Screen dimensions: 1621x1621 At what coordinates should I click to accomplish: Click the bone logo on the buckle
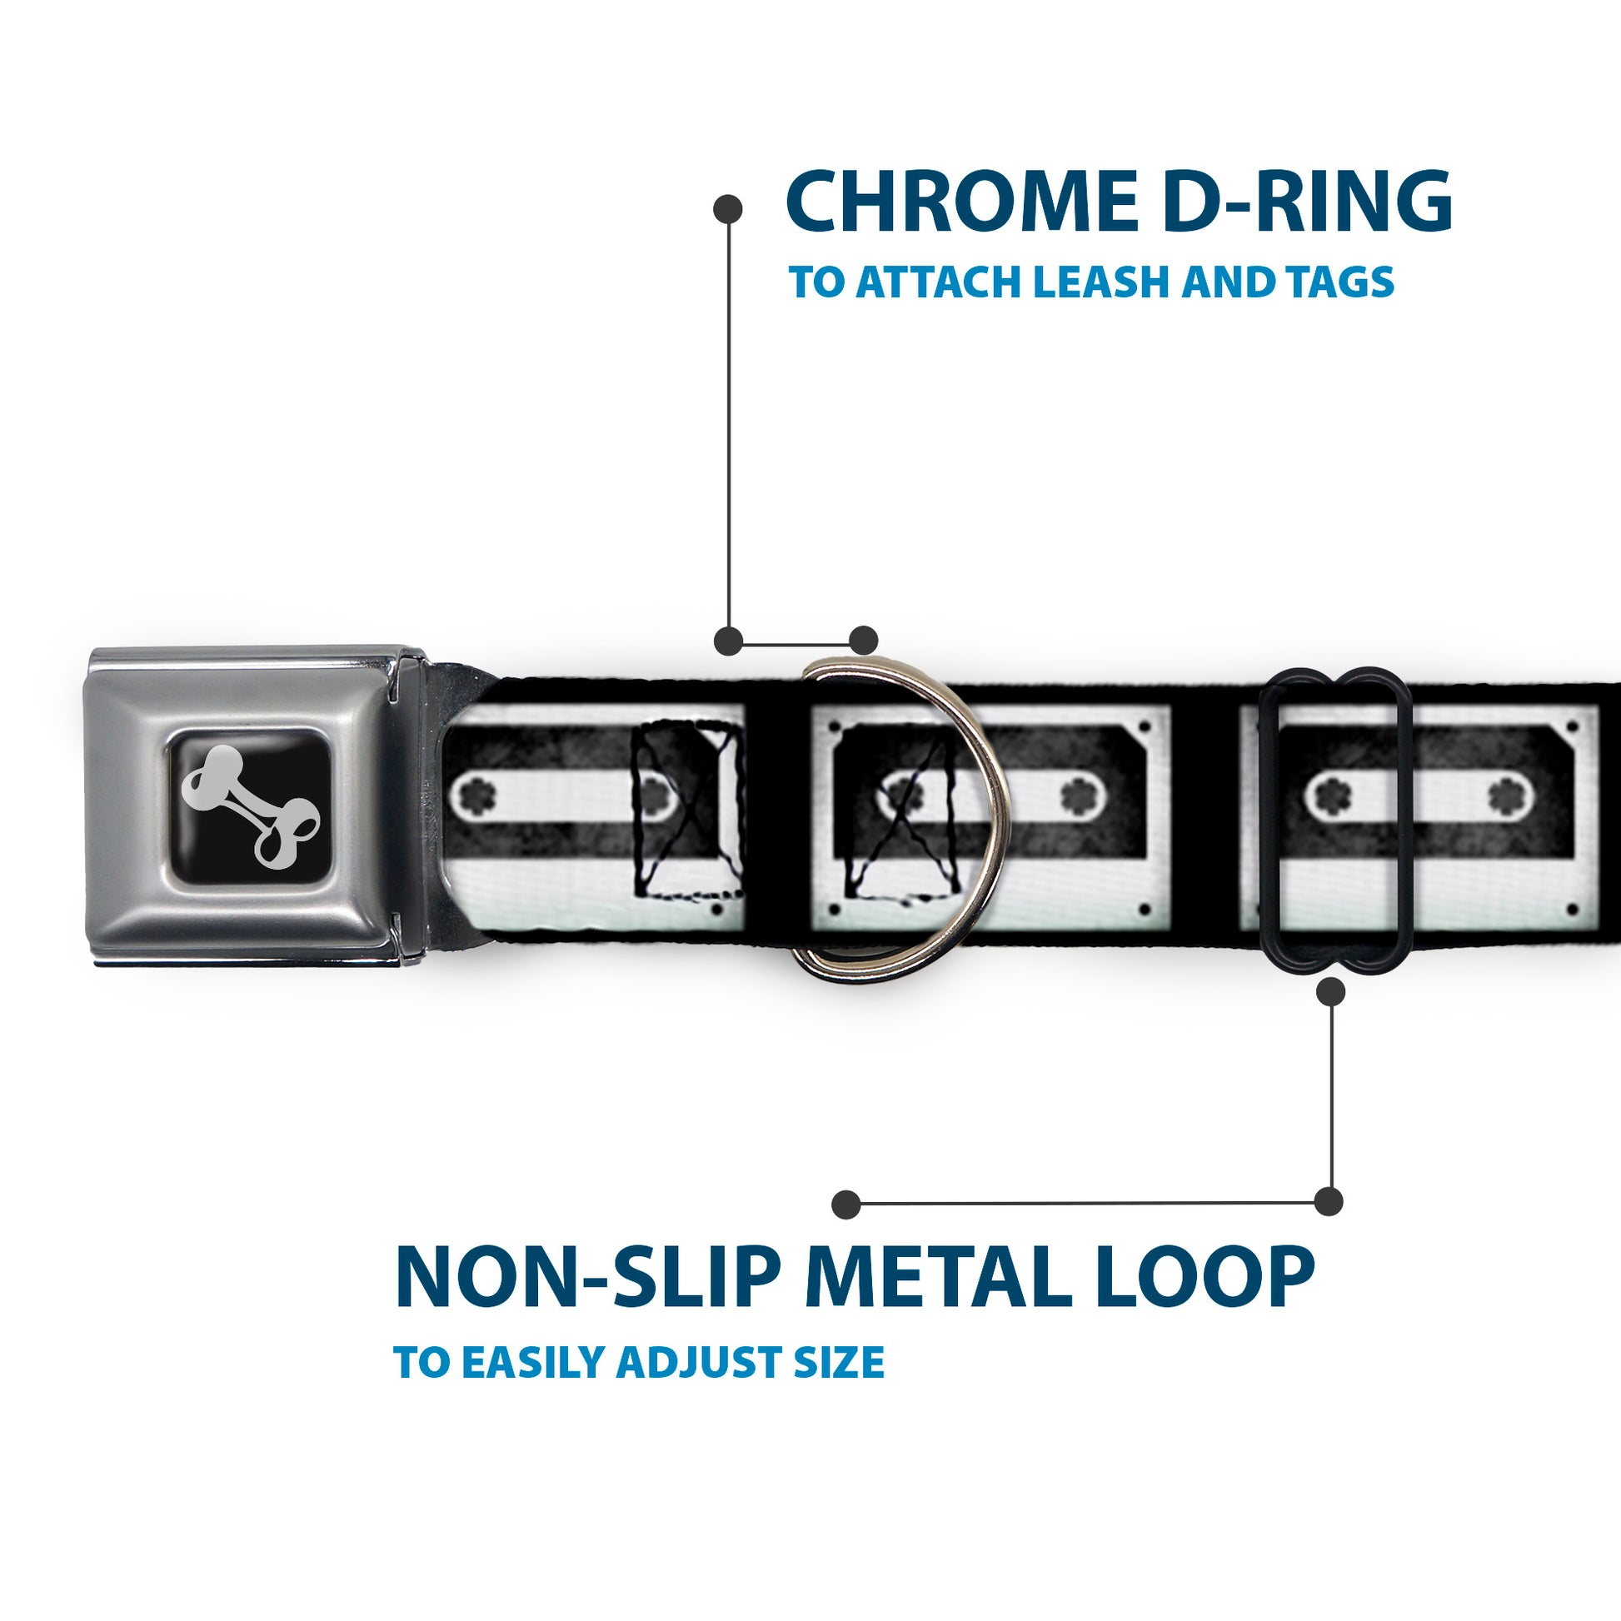point(250,805)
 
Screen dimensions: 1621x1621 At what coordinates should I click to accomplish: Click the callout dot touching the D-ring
point(863,641)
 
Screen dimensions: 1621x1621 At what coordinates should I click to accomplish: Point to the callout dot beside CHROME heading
point(727,209)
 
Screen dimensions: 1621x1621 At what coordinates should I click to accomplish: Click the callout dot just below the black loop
point(1330,992)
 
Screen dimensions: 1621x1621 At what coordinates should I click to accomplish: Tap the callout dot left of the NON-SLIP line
point(846,1205)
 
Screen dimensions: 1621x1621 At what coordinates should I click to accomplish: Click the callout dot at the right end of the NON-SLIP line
point(1328,1201)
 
